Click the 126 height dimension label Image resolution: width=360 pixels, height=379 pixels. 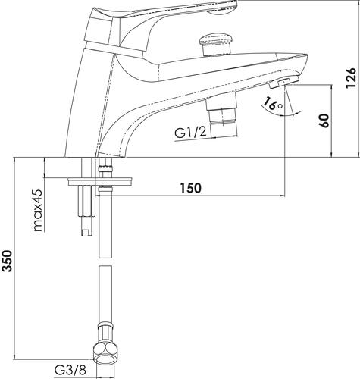coord(351,78)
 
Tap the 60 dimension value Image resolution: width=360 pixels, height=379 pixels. coord(324,121)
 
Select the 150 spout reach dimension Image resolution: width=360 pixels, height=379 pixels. coord(191,188)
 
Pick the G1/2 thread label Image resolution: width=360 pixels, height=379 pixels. coord(191,133)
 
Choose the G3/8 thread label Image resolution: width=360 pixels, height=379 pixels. coord(70,371)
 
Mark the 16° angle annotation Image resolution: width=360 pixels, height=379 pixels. coord(273,104)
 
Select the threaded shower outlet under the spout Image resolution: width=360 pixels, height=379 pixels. coord(221,113)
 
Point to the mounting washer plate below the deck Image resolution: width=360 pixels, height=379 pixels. coord(99,182)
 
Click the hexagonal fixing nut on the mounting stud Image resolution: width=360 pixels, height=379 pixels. coord(86,200)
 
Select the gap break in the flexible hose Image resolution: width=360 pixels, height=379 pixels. coord(105,262)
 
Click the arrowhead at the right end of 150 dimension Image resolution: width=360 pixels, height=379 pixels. coord(282,196)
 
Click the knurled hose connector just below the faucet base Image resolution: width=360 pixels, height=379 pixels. coord(105,168)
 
